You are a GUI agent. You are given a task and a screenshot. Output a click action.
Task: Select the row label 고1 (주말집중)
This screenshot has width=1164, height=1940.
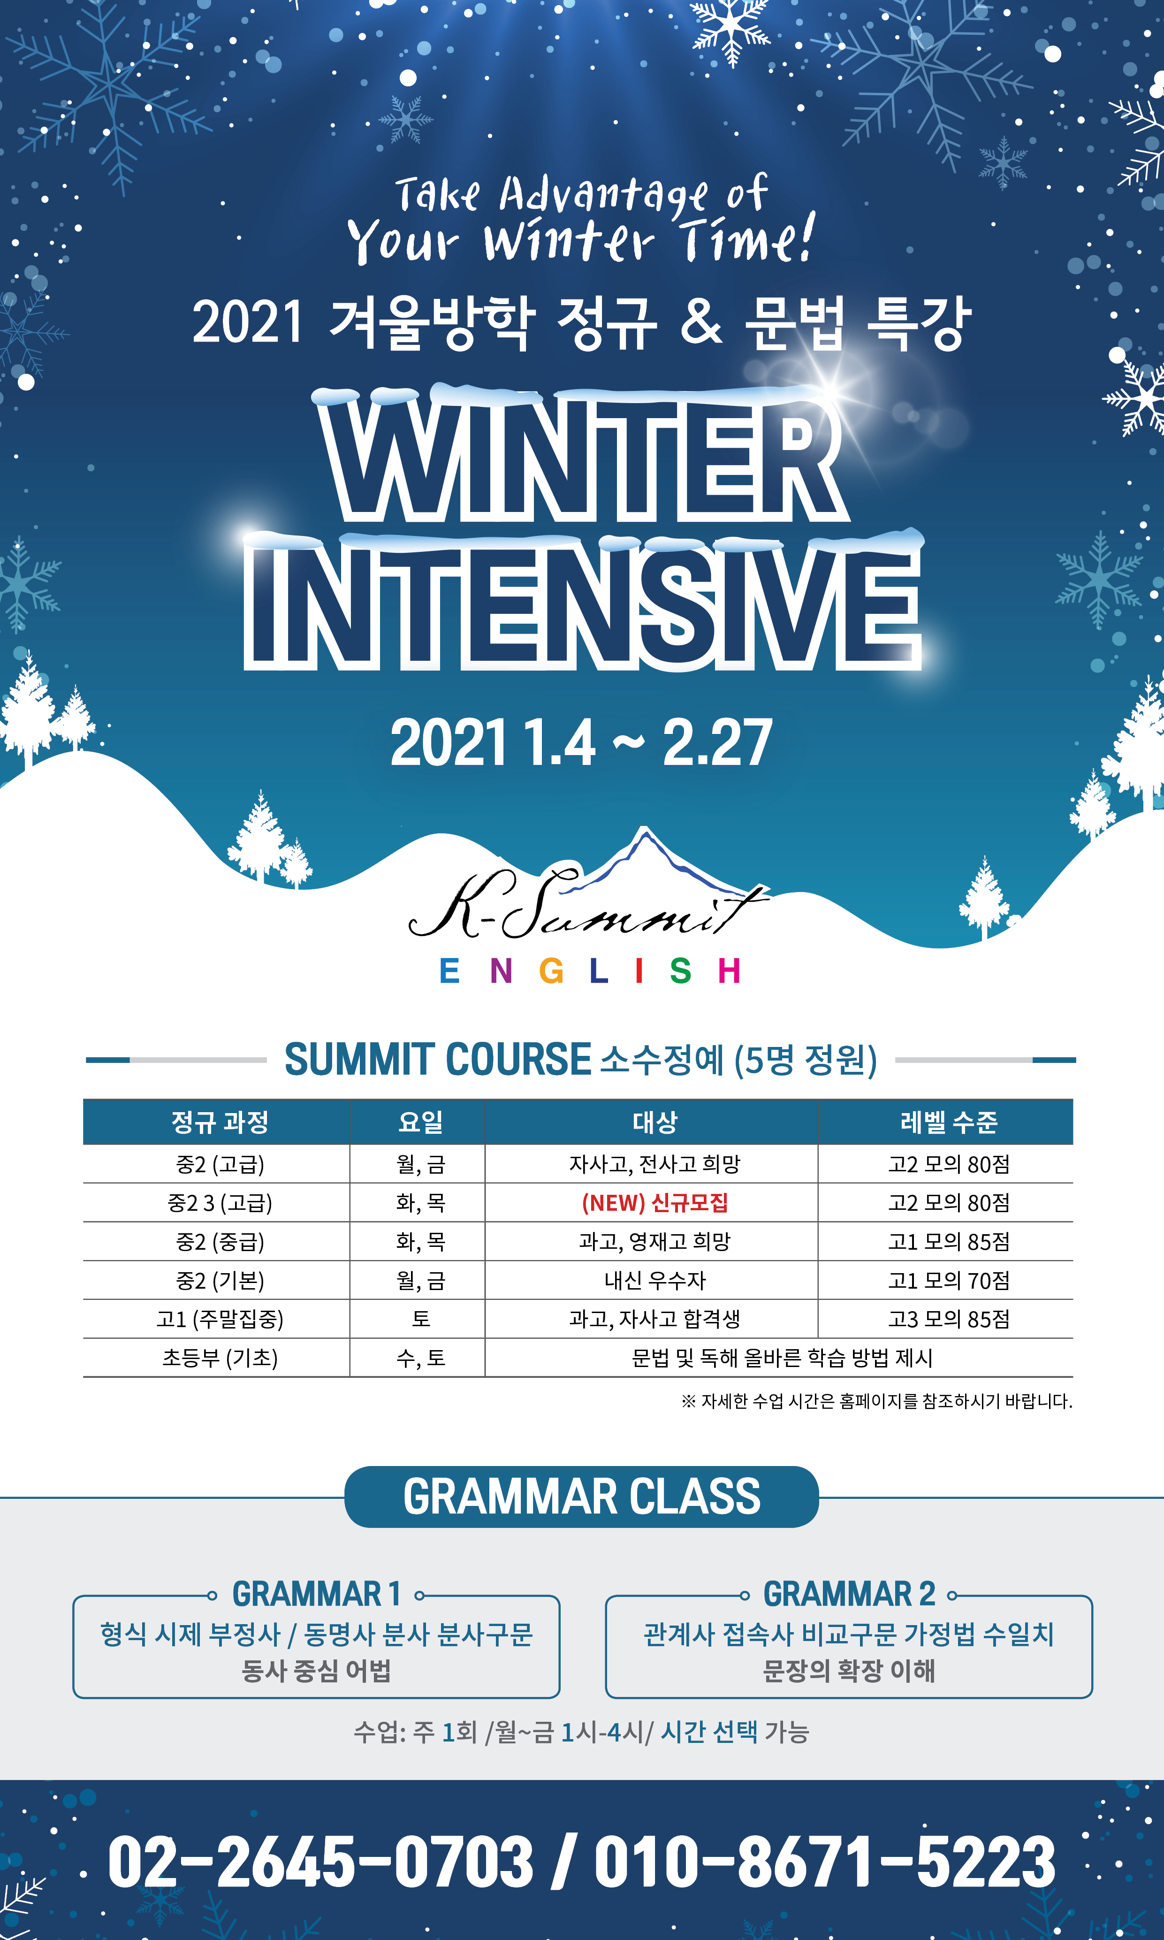[x=220, y=1319]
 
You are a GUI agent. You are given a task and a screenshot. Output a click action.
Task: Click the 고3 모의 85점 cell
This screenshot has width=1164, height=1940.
[x=948, y=1319]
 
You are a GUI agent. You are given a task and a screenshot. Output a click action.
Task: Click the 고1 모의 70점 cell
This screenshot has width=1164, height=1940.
[x=948, y=1280]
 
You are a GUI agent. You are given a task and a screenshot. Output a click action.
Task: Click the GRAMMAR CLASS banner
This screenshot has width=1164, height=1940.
[x=581, y=1497]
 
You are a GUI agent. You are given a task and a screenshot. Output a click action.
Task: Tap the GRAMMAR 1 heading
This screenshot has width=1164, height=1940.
[x=316, y=1594]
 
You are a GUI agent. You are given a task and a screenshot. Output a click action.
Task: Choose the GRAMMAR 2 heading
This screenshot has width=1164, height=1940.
[x=850, y=1594]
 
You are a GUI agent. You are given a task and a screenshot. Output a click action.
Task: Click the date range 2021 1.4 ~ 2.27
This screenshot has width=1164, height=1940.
[x=581, y=742]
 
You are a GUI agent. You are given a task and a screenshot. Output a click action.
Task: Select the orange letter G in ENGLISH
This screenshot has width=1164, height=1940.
[x=551, y=971]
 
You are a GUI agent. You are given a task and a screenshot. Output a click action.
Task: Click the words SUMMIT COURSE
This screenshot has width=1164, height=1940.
[x=438, y=1060]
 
